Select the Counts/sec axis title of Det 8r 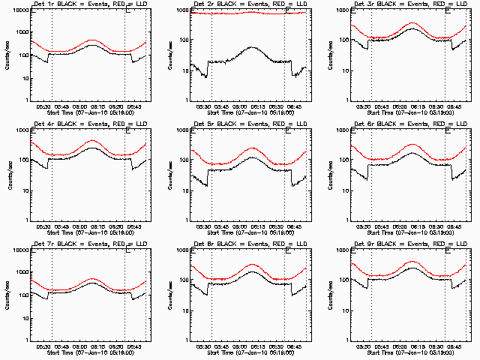pyautogui.click(x=167, y=295)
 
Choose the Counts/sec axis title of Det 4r pyautogui.click(x=7, y=175)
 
